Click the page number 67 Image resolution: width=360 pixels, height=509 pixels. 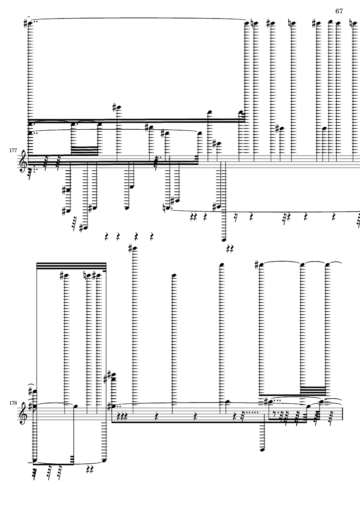pyautogui.click(x=339, y=11)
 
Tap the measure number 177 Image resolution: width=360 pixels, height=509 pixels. pyautogui.click(x=13, y=150)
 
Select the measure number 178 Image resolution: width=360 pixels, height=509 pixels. pyautogui.click(x=13, y=403)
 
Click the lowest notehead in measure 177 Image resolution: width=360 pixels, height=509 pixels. pyautogui.click(x=224, y=240)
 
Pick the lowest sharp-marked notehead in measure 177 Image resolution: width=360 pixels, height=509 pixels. pyautogui.click(x=85, y=228)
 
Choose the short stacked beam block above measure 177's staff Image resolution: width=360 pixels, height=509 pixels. pyautogui.click(x=85, y=150)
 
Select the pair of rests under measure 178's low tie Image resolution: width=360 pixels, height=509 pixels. pyautogui.click(x=91, y=469)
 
